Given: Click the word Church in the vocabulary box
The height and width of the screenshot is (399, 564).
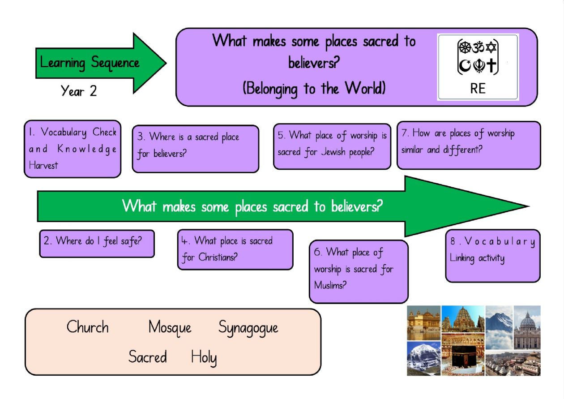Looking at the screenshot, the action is click(88, 327).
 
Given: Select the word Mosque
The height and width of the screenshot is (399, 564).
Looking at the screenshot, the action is click(170, 328).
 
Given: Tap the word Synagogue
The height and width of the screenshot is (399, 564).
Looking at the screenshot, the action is click(248, 328).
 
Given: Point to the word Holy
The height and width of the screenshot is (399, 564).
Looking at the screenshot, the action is click(204, 358).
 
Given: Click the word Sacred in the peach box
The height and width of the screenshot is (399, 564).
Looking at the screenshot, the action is click(148, 356).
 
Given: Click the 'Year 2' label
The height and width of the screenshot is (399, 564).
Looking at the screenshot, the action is click(79, 90).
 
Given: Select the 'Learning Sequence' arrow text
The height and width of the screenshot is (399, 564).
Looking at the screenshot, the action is click(90, 63).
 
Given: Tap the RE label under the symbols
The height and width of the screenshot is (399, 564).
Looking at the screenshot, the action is click(478, 89).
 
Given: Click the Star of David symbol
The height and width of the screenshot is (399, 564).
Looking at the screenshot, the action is click(491, 47).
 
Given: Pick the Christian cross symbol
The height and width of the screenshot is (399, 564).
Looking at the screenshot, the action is click(491, 65).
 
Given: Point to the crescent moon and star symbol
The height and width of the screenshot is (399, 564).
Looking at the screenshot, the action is click(465, 66).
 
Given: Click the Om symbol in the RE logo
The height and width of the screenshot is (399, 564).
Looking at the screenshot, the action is click(478, 47).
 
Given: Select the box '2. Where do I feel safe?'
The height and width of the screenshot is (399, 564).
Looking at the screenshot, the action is click(97, 244).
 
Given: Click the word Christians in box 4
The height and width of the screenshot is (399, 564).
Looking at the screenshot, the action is click(218, 257).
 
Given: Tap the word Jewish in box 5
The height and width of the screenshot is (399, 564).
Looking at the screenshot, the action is click(333, 152).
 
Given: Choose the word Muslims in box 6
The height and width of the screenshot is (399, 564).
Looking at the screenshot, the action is click(330, 285).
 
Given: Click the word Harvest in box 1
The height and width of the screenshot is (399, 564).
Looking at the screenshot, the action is click(43, 166).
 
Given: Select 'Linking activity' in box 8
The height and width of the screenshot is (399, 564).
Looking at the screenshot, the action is click(477, 258).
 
